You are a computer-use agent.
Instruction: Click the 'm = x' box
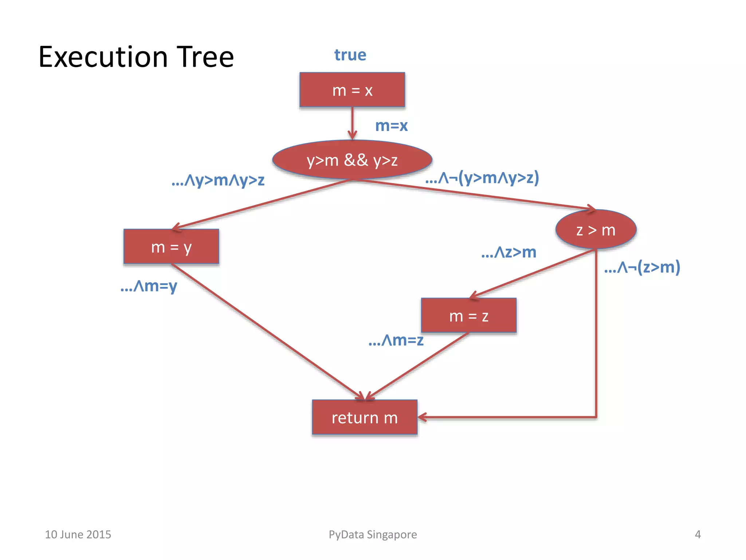tap(352, 90)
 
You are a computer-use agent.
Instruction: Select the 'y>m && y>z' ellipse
tap(352, 160)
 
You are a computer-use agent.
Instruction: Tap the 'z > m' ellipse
tap(596, 230)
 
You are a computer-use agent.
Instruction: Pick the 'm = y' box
tap(171, 247)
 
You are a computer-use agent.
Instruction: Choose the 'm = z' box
tap(468, 315)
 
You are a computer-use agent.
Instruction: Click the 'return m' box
tap(364, 417)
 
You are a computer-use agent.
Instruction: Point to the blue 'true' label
tap(350, 55)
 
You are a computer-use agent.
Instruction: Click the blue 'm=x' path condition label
tap(391, 126)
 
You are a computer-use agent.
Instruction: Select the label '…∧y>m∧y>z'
tap(218, 180)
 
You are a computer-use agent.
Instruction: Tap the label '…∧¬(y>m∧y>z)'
tap(482, 178)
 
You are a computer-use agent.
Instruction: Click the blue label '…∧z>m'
tap(509, 252)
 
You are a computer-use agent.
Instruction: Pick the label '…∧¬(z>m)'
tap(642, 267)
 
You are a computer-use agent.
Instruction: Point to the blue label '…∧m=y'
tap(149, 286)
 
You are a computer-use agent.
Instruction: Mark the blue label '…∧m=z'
tap(396, 340)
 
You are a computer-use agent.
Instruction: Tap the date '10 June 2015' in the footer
tap(78, 534)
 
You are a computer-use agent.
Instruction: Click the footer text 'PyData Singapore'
tap(373, 534)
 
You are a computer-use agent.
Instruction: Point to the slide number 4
tap(698, 534)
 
